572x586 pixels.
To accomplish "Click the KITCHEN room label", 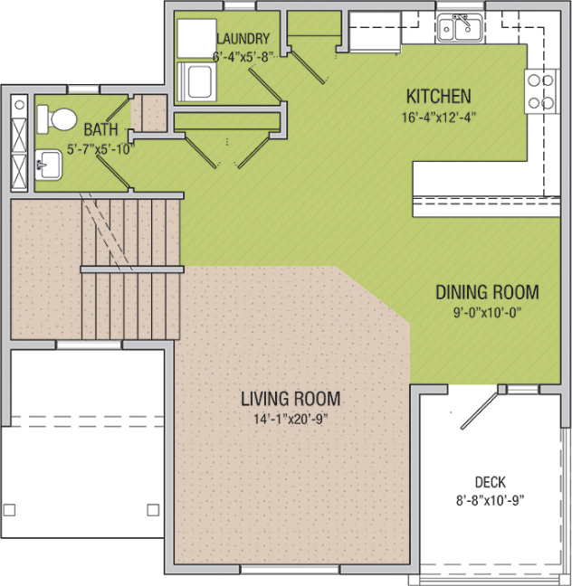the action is click(x=438, y=96).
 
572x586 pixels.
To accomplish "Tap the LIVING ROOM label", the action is click(x=291, y=399).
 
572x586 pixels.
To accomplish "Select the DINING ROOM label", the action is click(x=487, y=292).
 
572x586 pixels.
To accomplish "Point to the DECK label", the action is click(x=490, y=482).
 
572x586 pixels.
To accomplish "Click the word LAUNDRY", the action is click(x=243, y=39).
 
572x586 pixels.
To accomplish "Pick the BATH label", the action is click(x=100, y=129).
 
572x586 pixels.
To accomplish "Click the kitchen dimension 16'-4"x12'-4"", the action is click(x=438, y=118).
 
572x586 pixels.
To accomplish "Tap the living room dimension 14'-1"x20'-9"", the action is click(x=291, y=419).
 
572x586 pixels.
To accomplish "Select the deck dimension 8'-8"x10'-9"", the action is click(x=490, y=500).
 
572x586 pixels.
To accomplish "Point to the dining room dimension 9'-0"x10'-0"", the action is click(x=487, y=312).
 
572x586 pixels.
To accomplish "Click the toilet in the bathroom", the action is click(x=56, y=119).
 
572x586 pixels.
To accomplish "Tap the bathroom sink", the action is click(x=48, y=165).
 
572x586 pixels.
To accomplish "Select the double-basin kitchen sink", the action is click(x=461, y=28).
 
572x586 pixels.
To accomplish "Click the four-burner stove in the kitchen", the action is click(x=541, y=91).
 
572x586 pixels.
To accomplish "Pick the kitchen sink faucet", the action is click(x=462, y=21).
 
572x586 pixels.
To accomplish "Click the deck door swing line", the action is click(x=481, y=410).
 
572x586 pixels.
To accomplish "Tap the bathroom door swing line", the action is click(x=113, y=172).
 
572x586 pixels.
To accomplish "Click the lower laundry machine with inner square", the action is click(x=196, y=81).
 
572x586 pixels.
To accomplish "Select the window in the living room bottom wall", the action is click(x=290, y=569).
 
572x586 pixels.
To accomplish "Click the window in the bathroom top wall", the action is click(x=84, y=90).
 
